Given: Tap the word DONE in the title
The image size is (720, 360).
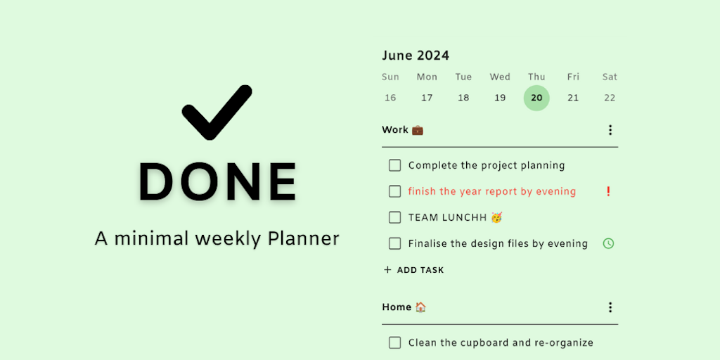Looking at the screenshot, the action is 218,182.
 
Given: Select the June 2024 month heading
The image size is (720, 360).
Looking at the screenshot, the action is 416,56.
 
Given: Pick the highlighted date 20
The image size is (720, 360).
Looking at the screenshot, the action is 536,98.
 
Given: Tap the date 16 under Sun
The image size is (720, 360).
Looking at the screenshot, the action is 390,98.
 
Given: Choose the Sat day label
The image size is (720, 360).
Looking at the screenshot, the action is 610,77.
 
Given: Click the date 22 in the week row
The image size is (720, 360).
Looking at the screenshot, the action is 610,98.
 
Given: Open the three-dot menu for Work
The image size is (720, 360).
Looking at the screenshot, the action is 610,130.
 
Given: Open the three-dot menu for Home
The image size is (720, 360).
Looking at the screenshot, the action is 610,307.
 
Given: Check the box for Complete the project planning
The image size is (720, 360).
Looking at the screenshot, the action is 395,165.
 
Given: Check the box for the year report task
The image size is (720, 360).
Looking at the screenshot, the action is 395,191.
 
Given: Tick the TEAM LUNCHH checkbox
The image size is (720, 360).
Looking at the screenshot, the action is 395,217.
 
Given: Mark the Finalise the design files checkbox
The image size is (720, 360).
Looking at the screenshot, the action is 395,243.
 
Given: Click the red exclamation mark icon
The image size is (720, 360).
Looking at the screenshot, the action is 608,191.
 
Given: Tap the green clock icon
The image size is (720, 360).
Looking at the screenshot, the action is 608,243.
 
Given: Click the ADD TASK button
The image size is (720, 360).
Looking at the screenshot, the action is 413,270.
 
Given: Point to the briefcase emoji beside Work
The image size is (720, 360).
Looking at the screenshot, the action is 418,130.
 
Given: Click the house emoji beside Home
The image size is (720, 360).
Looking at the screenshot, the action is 420,307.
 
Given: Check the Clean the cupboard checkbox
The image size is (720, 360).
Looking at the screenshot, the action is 395,342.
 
